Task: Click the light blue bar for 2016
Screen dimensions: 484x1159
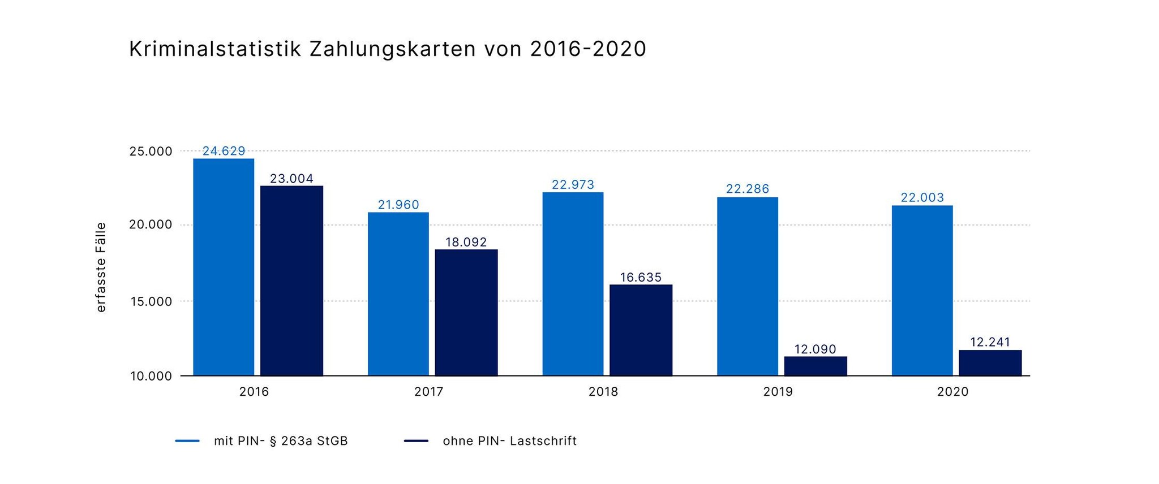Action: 224,267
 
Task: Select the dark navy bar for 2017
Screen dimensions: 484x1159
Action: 466,312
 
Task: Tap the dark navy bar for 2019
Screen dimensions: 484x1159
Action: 815,366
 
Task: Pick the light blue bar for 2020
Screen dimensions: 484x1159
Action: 922,290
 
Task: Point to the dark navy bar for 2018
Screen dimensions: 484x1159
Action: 641,330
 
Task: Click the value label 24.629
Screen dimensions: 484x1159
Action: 224,151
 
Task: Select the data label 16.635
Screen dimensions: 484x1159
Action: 641,277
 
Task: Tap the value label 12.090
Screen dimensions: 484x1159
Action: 815,349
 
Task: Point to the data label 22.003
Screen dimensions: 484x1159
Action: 922,197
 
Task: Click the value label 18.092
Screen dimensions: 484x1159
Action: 466,242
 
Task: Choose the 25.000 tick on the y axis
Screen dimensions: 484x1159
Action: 151,151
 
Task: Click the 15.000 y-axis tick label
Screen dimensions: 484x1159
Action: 151,301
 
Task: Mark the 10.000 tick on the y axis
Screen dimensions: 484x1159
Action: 151,376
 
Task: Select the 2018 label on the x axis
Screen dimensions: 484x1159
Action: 603,391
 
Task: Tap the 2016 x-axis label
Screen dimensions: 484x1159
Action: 254,391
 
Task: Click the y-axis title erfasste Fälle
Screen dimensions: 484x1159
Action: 101,267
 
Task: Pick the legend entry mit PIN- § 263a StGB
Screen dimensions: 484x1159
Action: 281,441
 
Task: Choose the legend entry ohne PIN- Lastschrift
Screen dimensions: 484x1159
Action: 509,441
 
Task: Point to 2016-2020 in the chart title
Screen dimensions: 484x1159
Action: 588,49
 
